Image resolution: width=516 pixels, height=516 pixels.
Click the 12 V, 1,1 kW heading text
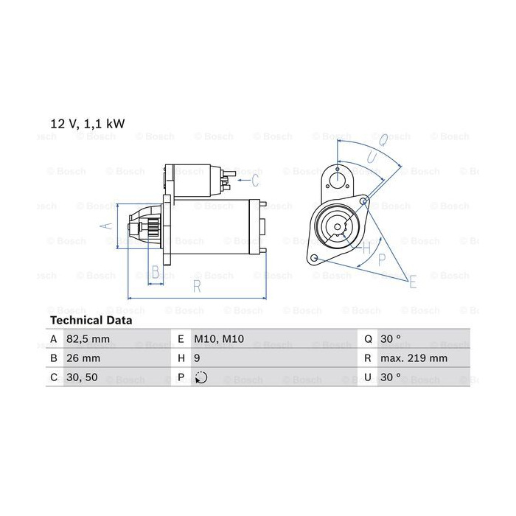(88, 124)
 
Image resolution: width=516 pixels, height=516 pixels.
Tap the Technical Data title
(91, 320)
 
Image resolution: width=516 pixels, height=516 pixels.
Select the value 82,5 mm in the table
(88, 339)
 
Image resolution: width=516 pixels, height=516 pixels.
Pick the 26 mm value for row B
(83, 358)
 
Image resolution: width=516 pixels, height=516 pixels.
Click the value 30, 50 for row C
(82, 377)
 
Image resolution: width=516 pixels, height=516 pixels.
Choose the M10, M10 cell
(219, 339)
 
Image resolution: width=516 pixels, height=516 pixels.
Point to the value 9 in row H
(197, 358)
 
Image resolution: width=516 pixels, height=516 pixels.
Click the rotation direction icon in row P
(201, 377)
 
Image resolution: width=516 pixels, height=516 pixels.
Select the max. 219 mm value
(414, 358)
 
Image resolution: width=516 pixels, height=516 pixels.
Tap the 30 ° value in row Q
(391, 338)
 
